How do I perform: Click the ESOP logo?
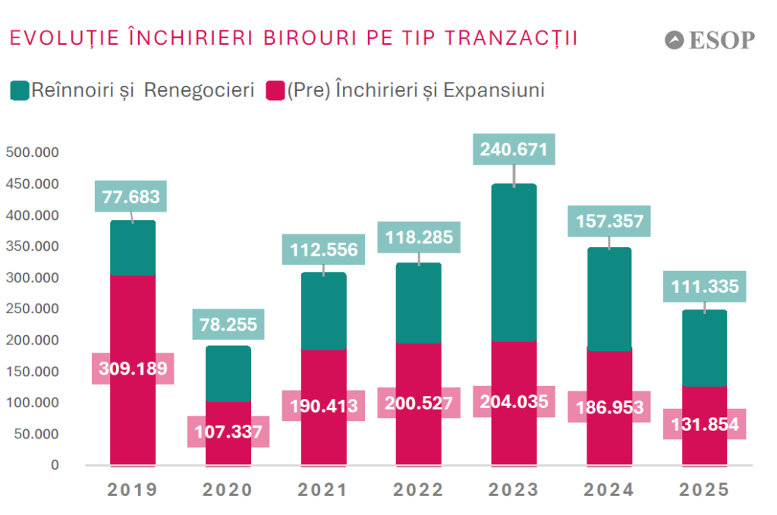point(709,39)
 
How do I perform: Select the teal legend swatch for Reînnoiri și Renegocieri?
point(19,91)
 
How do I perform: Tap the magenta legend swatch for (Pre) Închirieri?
point(275,91)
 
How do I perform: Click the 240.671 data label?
point(514,149)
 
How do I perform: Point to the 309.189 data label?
point(133,369)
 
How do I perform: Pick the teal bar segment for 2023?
point(514,262)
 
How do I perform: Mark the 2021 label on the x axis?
point(323,490)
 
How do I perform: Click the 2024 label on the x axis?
point(609,490)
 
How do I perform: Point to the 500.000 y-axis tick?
point(32,152)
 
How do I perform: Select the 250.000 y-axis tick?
point(32,309)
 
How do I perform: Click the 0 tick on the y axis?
point(54,465)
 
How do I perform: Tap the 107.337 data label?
point(228,432)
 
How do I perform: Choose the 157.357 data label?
point(609,221)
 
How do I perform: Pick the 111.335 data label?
point(704,287)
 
